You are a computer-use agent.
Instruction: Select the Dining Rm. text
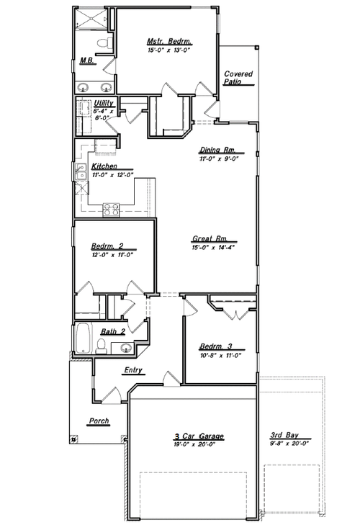pos(219,151)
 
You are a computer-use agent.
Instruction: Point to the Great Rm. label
pos(210,238)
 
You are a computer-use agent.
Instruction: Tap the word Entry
pos(133,371)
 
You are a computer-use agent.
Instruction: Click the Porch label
pos(98,421)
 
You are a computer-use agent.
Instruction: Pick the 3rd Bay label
pos(285,436)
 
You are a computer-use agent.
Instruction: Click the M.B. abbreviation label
pos(86,60)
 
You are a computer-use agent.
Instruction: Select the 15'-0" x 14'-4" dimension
pos(215,247)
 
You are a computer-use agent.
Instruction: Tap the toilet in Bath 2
pos(102,348)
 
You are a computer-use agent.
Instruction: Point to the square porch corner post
pos(73,439)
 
